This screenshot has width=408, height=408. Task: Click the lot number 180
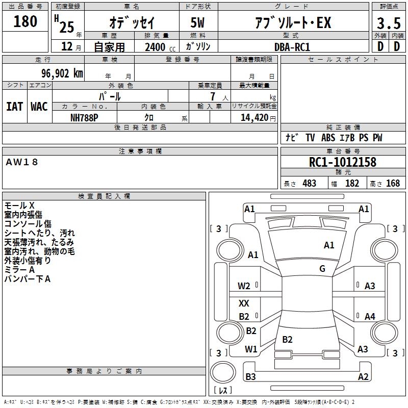[x=25, y=21]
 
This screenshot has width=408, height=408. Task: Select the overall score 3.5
[x=389, y=23]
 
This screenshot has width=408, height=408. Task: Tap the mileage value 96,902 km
[x=62, y=73]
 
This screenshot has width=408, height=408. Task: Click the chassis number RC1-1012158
[x=343, y=162]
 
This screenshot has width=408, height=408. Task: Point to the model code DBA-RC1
[x=292, y=47]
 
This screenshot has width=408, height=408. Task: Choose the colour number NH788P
[x=84, y=118]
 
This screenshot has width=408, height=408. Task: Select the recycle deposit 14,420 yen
[x=258, y=118]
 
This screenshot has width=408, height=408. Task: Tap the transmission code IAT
[x=14, y=107]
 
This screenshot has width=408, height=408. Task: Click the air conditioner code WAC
[x=39, y=107]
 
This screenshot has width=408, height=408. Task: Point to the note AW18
[x=22, y=162]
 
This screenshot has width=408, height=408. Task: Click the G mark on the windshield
[x=322, y=268]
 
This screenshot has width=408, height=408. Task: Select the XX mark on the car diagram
[x=244, y=303]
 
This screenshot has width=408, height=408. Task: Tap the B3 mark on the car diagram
[x=250, y=376]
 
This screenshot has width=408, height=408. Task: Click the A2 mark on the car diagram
[x=363, y=376]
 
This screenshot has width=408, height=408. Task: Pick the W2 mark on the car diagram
[x=244, y=286]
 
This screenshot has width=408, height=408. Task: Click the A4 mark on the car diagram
[x=370, y=316]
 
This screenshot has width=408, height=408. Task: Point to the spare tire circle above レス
[x=223, y=372]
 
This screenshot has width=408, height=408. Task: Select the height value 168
[x=393, y=183]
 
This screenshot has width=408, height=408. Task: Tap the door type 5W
[x=197, y=22]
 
